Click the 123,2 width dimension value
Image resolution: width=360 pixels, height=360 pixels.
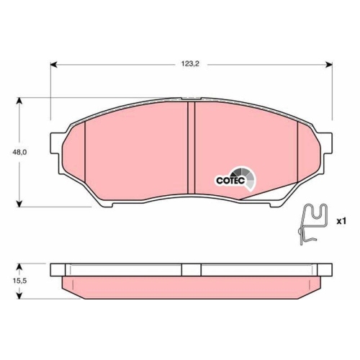[189, 64]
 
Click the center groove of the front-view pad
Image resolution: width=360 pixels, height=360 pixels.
[192, 151]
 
